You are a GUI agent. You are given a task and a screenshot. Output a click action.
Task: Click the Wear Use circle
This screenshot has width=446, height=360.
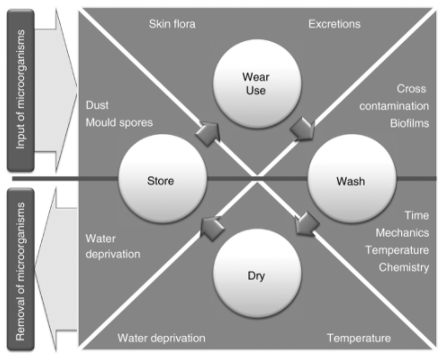click(x=257, y=84)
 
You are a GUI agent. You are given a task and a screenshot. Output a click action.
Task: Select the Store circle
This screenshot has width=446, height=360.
click(x=163, y=179)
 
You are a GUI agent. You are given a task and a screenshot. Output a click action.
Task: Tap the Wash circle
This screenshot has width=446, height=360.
click(x=351, y=179)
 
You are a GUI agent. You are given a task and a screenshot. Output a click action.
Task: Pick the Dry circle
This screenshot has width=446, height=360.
click(x=257, y=273)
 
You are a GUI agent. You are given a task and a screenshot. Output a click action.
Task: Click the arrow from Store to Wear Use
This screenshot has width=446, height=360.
click(x=208, y=133)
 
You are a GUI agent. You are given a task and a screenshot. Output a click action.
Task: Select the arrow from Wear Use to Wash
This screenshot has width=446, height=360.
click(x=303, y=129)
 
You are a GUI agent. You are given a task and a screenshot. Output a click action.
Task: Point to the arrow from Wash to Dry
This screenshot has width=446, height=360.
click(x=307, y=223)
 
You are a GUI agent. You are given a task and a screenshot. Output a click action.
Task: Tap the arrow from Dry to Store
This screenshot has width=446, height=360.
click(x=212, y=229)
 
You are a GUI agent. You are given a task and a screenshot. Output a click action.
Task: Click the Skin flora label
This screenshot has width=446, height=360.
click(x=173, y=24)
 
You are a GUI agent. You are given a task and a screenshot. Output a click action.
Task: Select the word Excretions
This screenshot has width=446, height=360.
click(x=334, y=24)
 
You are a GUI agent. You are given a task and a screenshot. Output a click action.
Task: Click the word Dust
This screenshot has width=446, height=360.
click(x=97, y=105)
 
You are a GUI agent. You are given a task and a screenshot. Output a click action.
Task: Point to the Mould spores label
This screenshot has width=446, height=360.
click(x=119, y=122)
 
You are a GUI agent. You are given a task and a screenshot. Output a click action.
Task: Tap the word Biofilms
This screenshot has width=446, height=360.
click(x=409, y=123)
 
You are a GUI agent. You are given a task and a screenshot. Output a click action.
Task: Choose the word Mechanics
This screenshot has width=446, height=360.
click(x=402, y=232)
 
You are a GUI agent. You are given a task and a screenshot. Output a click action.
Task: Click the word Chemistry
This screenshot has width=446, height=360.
click(x=404, y=267)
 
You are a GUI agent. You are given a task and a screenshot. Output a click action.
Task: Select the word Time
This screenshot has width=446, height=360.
click(x=417, y=215)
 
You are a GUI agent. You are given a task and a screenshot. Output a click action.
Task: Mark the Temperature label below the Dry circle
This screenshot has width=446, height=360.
click(x=358, y=338)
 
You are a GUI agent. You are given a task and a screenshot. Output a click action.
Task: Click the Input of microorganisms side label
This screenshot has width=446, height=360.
click(x=21, y=89)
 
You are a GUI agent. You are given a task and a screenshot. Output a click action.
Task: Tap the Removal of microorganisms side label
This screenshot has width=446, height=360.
click(x=21, y=270)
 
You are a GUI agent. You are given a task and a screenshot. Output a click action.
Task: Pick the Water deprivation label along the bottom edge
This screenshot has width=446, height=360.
click(x=161, y=338)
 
